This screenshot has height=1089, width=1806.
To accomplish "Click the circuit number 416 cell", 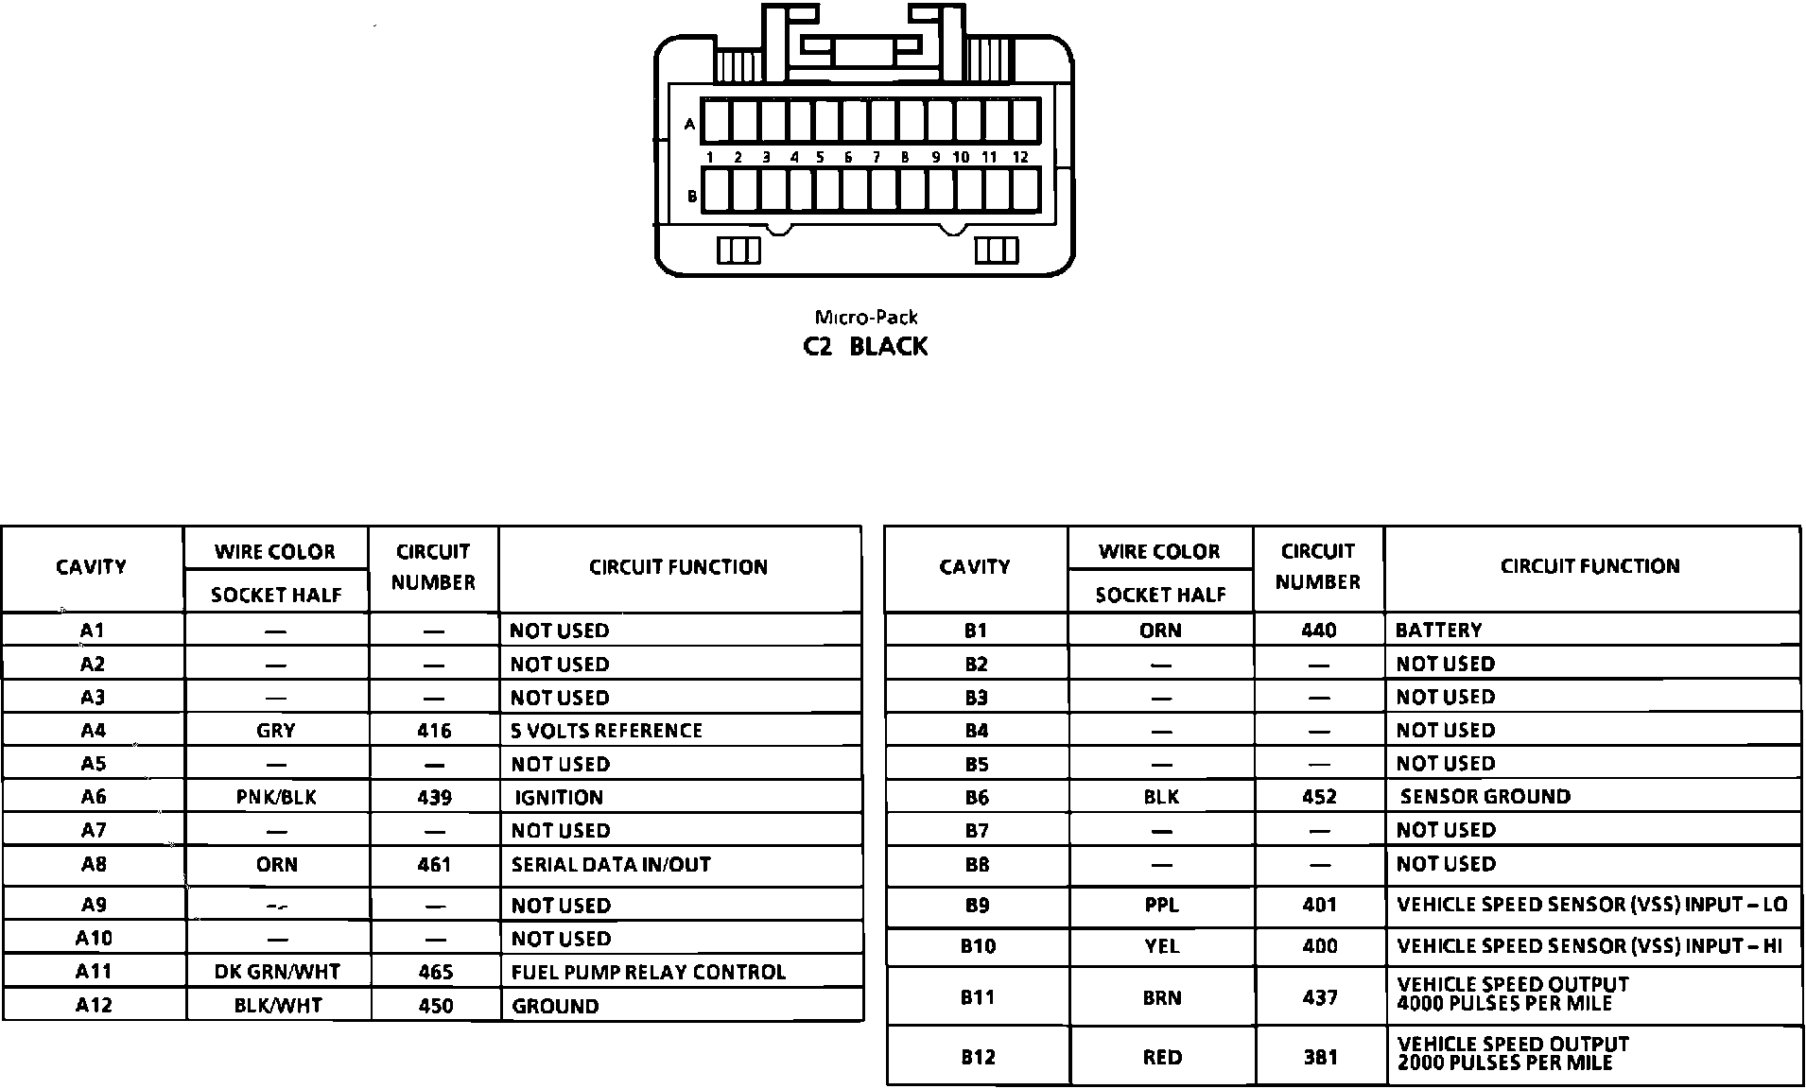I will click(x=434, y=731).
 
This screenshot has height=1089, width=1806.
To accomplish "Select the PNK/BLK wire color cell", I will click(x=276, y=798).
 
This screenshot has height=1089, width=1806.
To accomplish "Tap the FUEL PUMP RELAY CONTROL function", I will click(x=648, y=973).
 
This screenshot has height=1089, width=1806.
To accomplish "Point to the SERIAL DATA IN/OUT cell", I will click(x=611, y=865).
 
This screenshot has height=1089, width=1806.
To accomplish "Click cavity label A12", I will click(x=94, y=1006).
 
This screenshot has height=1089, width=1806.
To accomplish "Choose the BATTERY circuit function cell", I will click(x=1439, y=631).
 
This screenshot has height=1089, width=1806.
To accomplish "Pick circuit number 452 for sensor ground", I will click(x=1319, y=797).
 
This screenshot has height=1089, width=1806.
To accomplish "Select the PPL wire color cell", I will click(x=1161, y=906).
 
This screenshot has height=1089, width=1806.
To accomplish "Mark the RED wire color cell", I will click(x=1161, y=1058).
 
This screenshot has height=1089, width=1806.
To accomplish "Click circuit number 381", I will click(x=1320, y=1058).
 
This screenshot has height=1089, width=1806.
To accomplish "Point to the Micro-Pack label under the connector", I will click(x=866, y=318).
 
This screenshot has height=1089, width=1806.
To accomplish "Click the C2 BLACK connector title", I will click(x=865, y=347).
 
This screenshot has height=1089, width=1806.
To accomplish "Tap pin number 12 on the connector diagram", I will click(x=1020, y=158).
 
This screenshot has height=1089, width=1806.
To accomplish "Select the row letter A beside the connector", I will click(x=690, y=124).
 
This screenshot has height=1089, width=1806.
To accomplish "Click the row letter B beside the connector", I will click(x=692, y=197).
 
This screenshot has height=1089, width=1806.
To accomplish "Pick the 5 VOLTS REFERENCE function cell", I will click(x=606, y=731).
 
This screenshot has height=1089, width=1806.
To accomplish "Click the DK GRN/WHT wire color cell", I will click(x=276, y=973).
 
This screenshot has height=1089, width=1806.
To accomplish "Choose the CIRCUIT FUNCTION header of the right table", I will click(x=1589, y=567).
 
